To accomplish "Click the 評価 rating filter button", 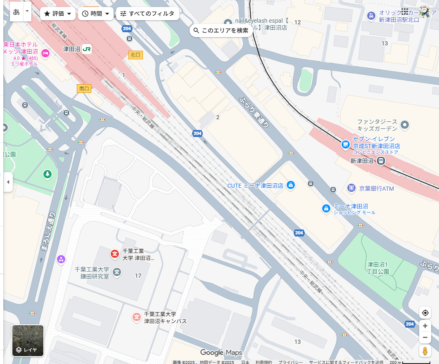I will tap(58, 14).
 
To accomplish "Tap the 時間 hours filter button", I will tap(95, 14).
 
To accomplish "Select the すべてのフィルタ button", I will tap(147, 14).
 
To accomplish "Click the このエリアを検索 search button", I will tap(221, 31).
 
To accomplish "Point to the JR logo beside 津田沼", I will tap(87, 49).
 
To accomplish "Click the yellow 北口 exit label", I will tap(135, 55).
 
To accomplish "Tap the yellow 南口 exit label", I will tap(84, 88).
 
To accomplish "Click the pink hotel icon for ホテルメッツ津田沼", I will tap(45, 52).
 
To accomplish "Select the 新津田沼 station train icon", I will tap(381, 161).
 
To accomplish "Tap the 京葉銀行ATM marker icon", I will tap(351, 188).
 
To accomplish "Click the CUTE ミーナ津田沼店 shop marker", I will tap(290, 185).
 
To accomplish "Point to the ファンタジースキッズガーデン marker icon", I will tap(405, 125).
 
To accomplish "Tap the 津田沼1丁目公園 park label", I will tap(378, 268).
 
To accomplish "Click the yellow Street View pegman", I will tap(425, 351).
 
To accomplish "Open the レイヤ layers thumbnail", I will tap(28, 340).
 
